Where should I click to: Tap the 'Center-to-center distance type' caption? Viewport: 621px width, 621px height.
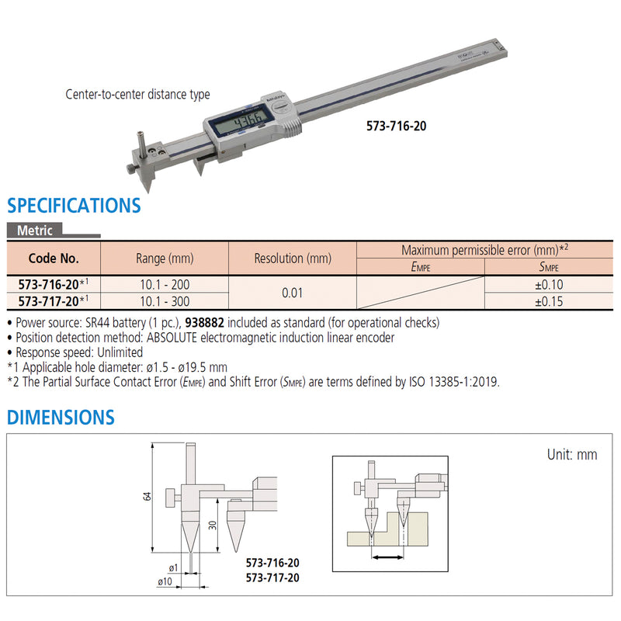(x=137, y=95)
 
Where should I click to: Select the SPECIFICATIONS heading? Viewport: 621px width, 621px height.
(x=74, y=206)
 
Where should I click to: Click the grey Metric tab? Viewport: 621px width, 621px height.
(x=36, y=231)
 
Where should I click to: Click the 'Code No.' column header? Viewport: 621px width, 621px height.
(x=54, y=258)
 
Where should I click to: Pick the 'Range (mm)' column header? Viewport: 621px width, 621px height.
(x=165, y=258)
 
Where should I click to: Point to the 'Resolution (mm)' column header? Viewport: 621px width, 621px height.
(x=293, y=258)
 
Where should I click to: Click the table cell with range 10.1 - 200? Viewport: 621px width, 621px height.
(x=165, y=284)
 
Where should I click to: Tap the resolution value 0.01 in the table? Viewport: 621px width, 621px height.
(x=293, y=293)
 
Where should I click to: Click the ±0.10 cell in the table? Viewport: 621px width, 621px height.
(x=550, y=284)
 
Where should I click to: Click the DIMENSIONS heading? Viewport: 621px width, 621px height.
(x=61, y=417)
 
